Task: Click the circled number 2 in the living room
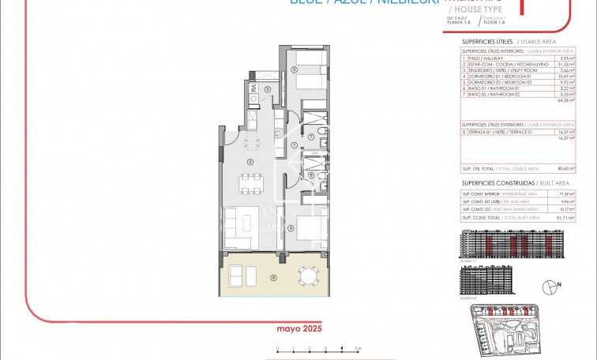point(250,162)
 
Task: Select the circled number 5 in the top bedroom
point(294,69)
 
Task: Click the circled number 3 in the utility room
point(268,90)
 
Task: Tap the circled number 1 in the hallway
point(294,144)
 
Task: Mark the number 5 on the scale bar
point(358,347)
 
